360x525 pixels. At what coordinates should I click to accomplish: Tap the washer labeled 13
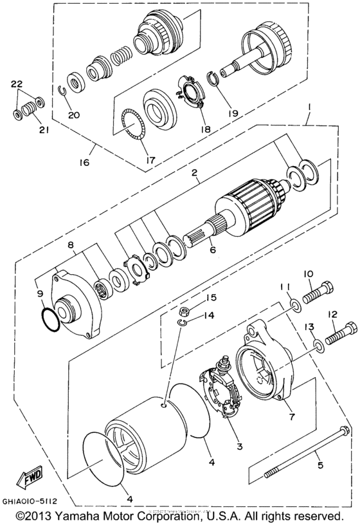coord(318,347)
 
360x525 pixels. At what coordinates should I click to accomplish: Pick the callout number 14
coord(208,316)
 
